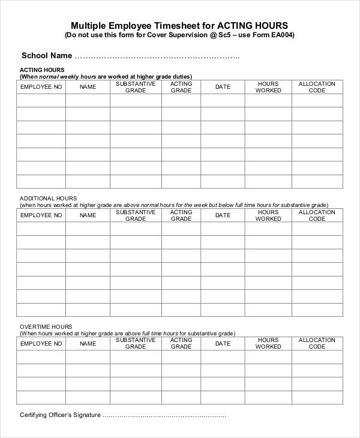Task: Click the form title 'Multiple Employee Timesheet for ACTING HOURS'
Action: [179, 25]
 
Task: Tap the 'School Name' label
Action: [47, 56]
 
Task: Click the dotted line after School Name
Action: [157, 57]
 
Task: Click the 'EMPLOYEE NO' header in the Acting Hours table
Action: [41, 87]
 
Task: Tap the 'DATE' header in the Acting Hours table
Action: [223, 87]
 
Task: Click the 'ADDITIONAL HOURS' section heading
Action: [48, 198]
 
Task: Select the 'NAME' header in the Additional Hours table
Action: [88, 215]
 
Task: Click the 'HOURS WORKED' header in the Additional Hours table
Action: [268, 215]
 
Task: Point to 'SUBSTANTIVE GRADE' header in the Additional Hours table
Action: [136, 215]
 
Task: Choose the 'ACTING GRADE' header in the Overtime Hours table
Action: [181, 343]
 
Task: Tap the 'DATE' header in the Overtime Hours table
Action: [223, 343]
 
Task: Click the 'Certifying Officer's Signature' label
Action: [60, 415]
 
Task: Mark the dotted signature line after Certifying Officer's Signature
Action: [165, 416]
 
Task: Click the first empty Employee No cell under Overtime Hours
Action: [41, 356]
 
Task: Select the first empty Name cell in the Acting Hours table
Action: [88, 100]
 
